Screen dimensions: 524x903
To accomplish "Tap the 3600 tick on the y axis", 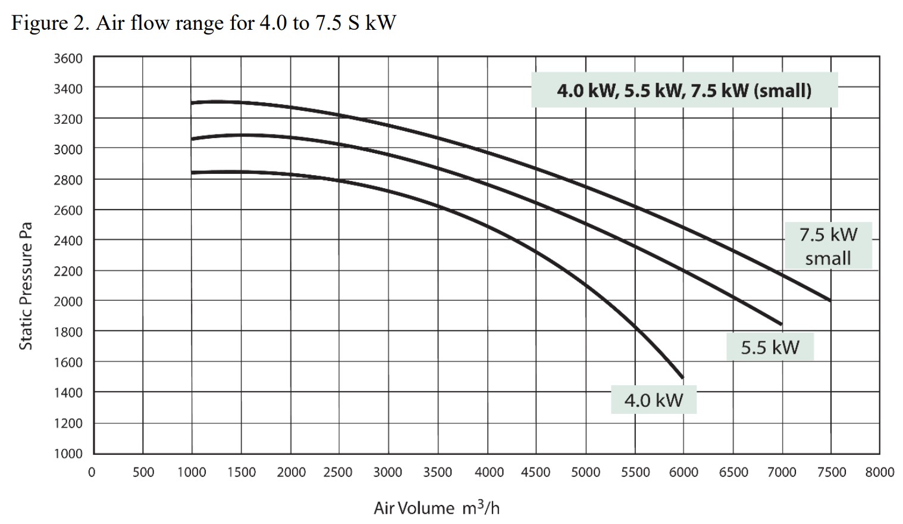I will [x=68, y=58].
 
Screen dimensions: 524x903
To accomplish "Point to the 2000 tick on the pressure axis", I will [x=68, y=301].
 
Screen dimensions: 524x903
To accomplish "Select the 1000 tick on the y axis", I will [x=68, y=454].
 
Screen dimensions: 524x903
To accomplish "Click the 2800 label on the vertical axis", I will [x=68, y=180].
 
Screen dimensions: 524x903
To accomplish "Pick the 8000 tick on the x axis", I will [x=880, y=472].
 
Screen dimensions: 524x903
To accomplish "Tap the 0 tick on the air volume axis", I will [x=92, y=472].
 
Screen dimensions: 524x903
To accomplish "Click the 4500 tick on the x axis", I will [x=535, y=472].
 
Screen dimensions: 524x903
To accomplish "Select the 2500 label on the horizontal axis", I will [x=338, y=472].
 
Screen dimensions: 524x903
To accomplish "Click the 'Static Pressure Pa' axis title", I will [x=26, y=286].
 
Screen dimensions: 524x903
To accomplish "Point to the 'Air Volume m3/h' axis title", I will [x=437, y=508].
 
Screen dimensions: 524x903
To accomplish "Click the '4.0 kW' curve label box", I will [x=653, y=400].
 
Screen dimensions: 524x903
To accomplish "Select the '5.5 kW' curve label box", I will [x=770, y=347].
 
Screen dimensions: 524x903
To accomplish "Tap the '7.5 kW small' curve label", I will [x=828, y=246].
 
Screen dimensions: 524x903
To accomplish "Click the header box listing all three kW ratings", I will [x=684, y=91].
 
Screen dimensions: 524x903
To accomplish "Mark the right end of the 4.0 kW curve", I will [x=682, y=377].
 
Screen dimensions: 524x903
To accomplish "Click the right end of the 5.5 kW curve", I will [x=781, y=324].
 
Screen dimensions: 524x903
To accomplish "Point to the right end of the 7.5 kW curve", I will [x=830, y=300].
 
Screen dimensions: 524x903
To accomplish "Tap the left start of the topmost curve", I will [x=192, y=103].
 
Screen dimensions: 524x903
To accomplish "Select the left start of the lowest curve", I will [x=192, y=173].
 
